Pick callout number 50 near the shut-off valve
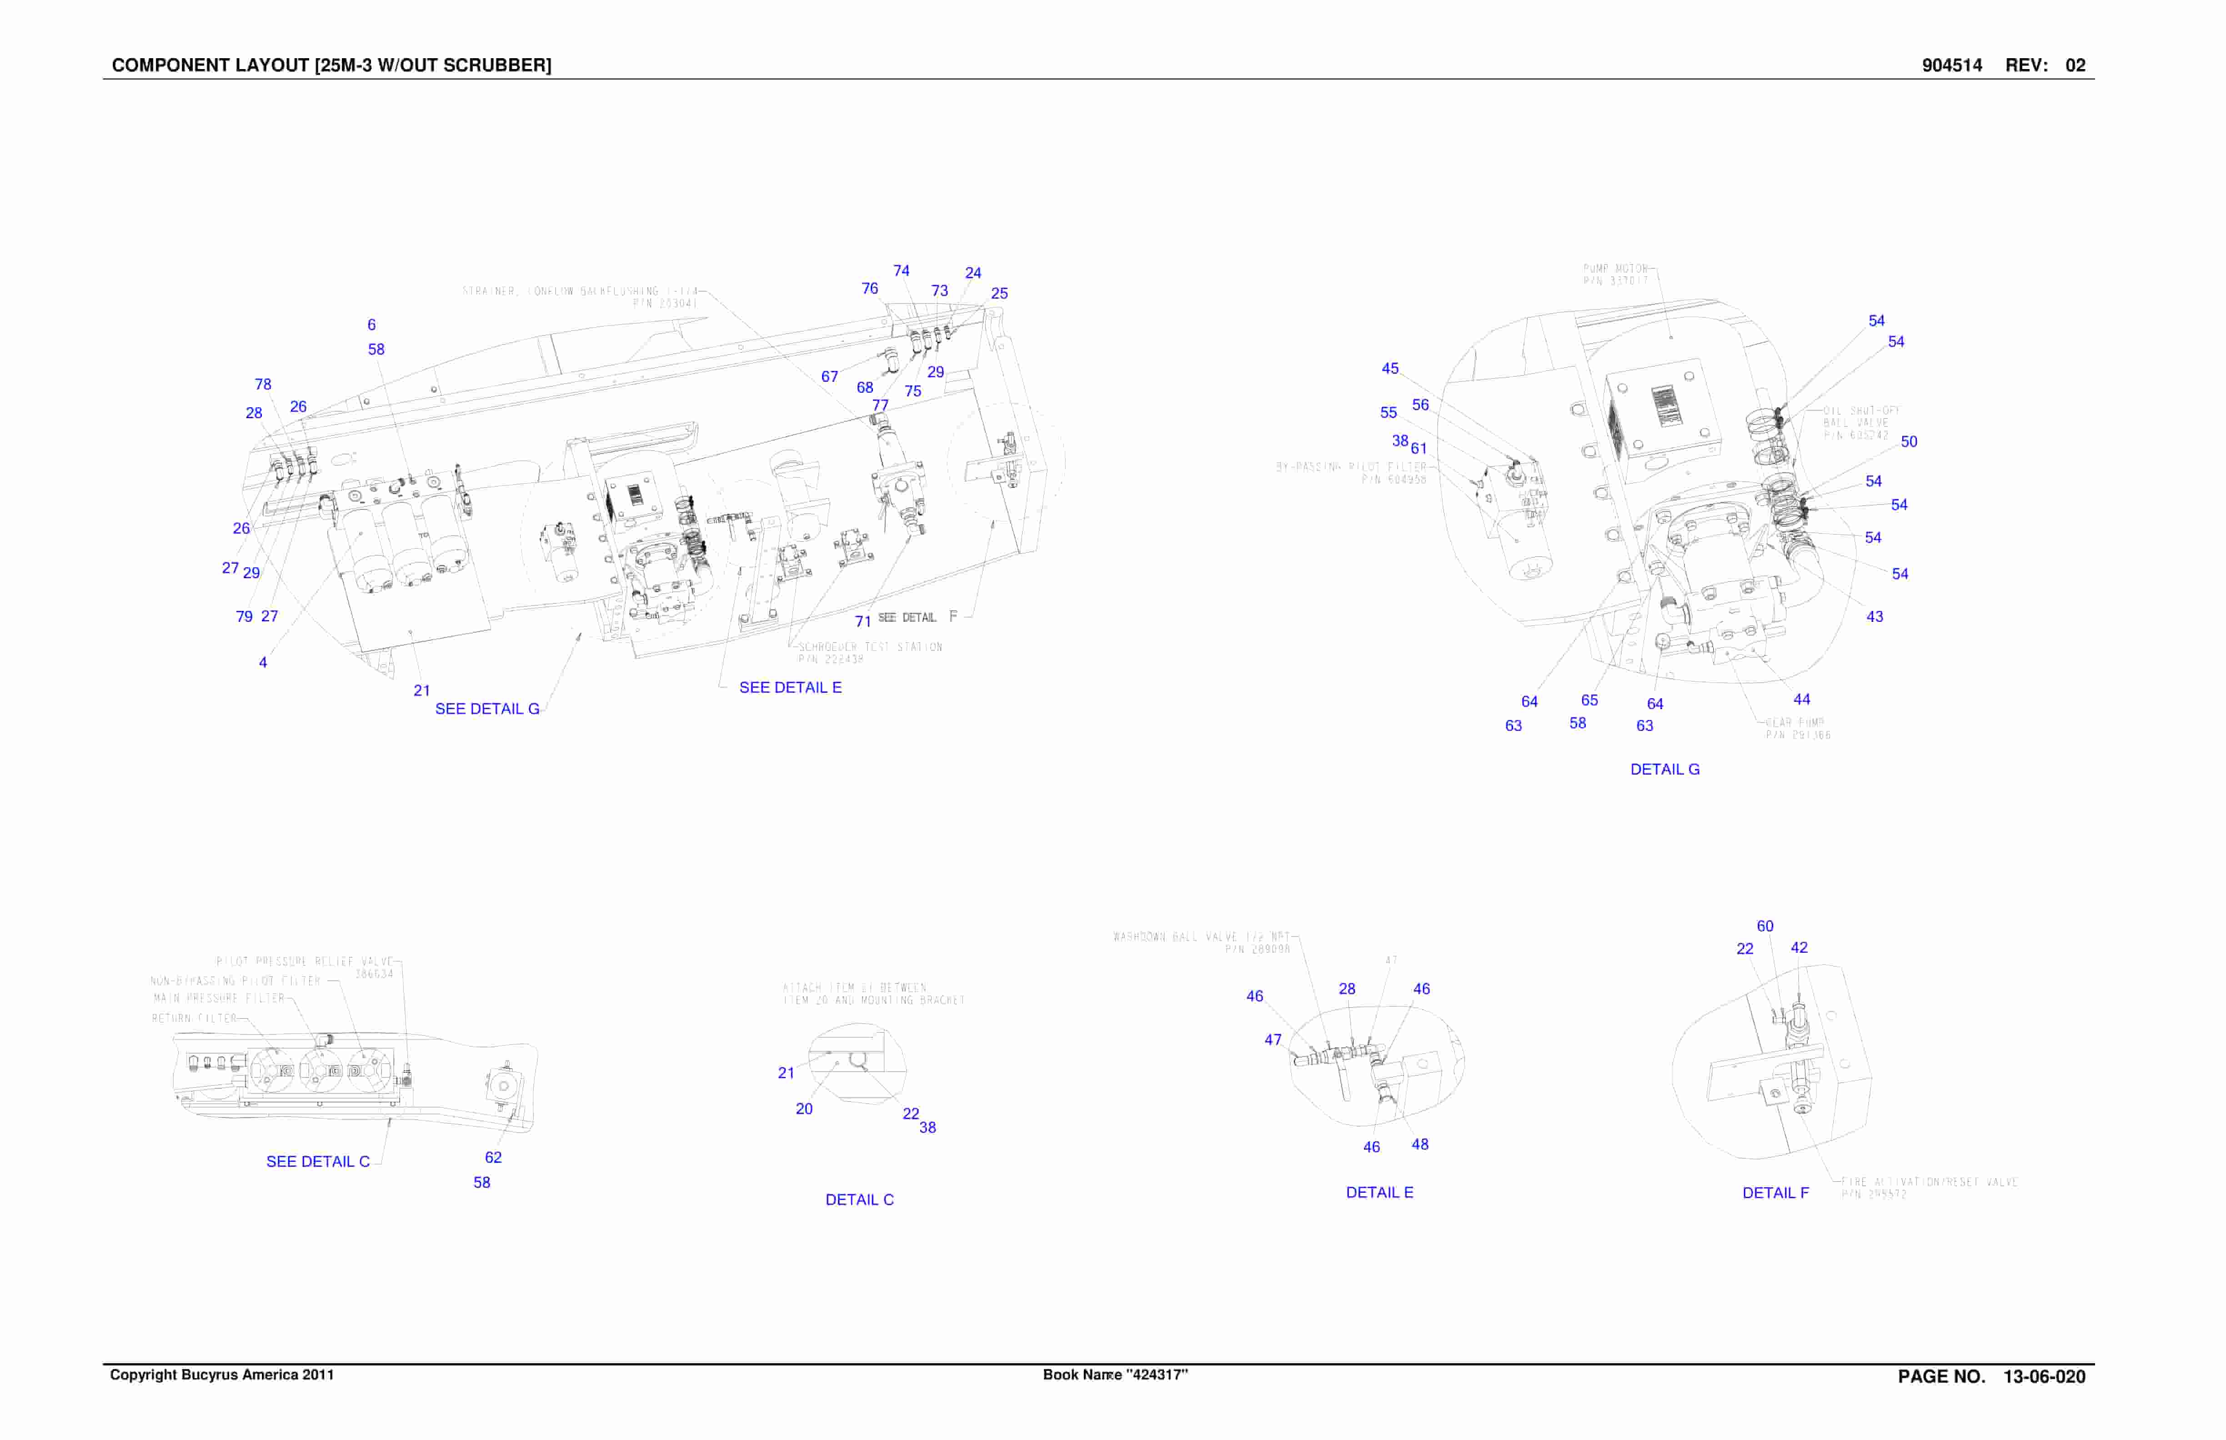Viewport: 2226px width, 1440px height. click(x=1909, y=441)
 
